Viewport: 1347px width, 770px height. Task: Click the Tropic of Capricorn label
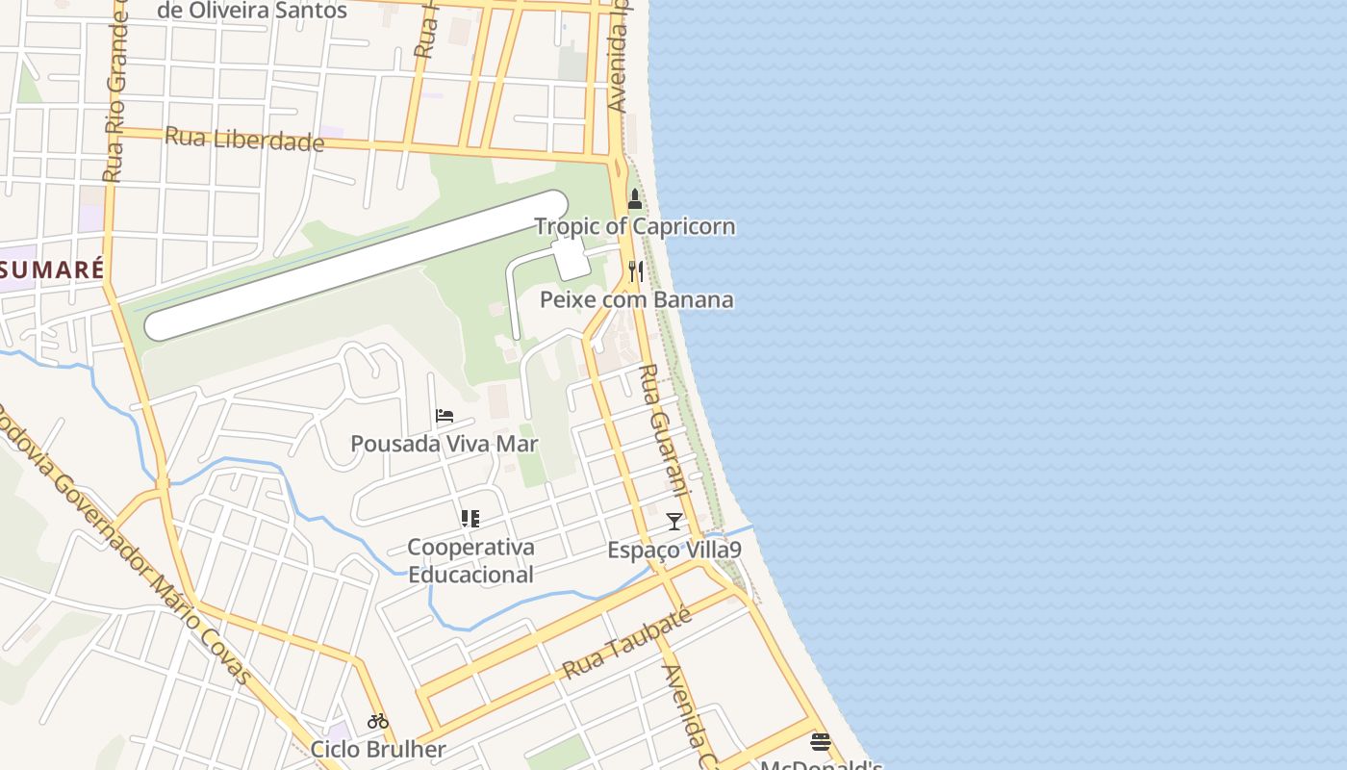[634, 227]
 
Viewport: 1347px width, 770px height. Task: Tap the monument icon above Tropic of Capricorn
[634, 199]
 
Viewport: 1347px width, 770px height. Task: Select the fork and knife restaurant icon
[635, 270]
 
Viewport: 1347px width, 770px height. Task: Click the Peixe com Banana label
[636, 299]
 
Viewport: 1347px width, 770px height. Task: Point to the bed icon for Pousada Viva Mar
[444, 416]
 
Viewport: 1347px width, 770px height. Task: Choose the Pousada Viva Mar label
[444, 444]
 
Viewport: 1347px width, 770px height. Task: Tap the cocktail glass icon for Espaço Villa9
[673, 522]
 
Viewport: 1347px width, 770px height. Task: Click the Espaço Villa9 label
[673, 551]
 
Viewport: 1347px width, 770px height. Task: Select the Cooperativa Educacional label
[470, 561]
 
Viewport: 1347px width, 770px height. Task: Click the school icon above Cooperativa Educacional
[470, 519]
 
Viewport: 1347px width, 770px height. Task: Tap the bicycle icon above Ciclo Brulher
[377, 721]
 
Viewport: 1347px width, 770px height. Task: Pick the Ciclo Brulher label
[377, 749]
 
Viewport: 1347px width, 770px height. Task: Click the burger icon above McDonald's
[820, 741]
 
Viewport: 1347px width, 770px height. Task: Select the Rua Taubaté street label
[626, 644]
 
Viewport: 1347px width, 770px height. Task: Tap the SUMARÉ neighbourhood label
[52, 269]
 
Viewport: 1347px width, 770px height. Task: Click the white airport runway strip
[356, 265]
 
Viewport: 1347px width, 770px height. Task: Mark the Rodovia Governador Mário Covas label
[125, 549]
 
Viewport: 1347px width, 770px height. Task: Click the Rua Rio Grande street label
[114, 96]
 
